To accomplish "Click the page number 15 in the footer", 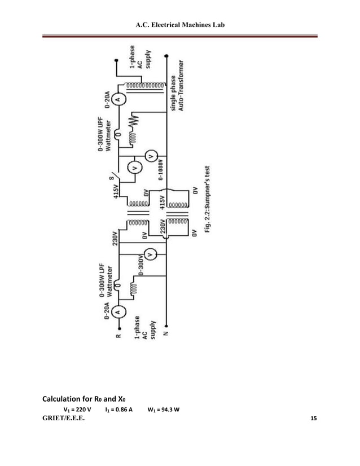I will point(314,420).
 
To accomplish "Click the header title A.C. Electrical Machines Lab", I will point(180,26).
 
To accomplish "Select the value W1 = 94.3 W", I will point(164,410).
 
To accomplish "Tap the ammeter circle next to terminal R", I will point(117,313).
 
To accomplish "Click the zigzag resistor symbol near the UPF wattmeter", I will point(135,120).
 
